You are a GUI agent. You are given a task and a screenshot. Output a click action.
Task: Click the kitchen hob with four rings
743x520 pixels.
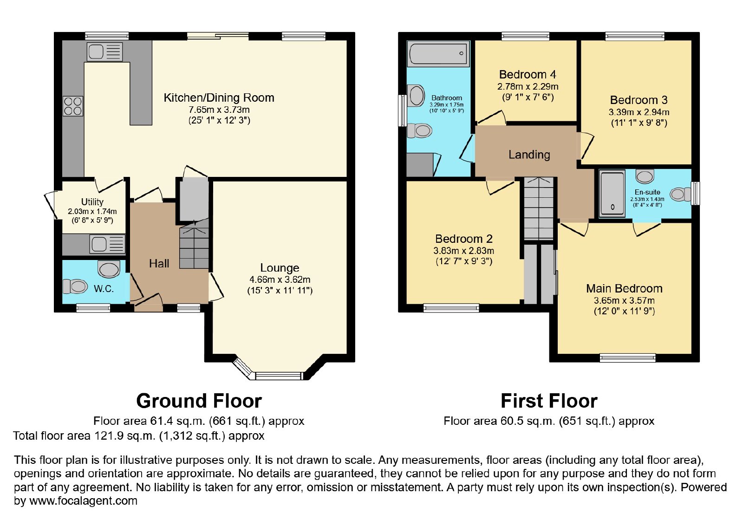(x=73, y=106)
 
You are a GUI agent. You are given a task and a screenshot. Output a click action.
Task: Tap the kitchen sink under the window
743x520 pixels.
(x=104, y=52)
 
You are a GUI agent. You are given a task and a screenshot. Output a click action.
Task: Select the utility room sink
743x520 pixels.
(x=107, y=244)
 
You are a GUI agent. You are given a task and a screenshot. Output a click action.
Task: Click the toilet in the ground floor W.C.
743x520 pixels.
(x=75, y=286)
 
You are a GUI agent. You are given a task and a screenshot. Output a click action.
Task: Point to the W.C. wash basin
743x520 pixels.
(x=109, y=269)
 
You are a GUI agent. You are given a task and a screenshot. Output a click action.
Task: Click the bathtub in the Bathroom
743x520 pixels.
(x=438, y=53)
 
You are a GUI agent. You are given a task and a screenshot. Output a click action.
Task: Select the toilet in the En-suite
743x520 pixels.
(x=681, y=195)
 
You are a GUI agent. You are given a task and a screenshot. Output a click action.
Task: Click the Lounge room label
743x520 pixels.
(x=280, y=267)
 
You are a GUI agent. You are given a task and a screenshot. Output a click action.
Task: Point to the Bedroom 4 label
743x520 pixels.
(x=528, y=74)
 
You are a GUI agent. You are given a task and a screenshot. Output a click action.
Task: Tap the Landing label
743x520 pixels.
(x=529, y=155)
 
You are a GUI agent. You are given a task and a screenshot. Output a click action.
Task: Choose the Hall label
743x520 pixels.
(x=159, y=264)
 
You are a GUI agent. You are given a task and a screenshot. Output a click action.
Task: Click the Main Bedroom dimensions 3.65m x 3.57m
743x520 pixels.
(x=624, y=300)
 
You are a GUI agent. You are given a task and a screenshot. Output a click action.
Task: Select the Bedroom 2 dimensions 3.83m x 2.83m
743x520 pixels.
(x=464, y=251)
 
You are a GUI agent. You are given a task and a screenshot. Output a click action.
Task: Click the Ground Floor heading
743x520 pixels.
(x=199, y=401)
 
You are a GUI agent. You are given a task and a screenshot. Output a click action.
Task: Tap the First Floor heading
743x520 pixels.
(x=549, y=401)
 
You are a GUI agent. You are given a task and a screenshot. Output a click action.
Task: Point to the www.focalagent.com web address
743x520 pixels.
(x=83, y=501)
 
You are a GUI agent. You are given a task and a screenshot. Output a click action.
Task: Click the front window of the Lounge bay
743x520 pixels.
(x=279, y=376)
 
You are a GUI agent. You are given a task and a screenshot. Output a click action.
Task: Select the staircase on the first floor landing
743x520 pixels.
(x=539, y=208)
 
